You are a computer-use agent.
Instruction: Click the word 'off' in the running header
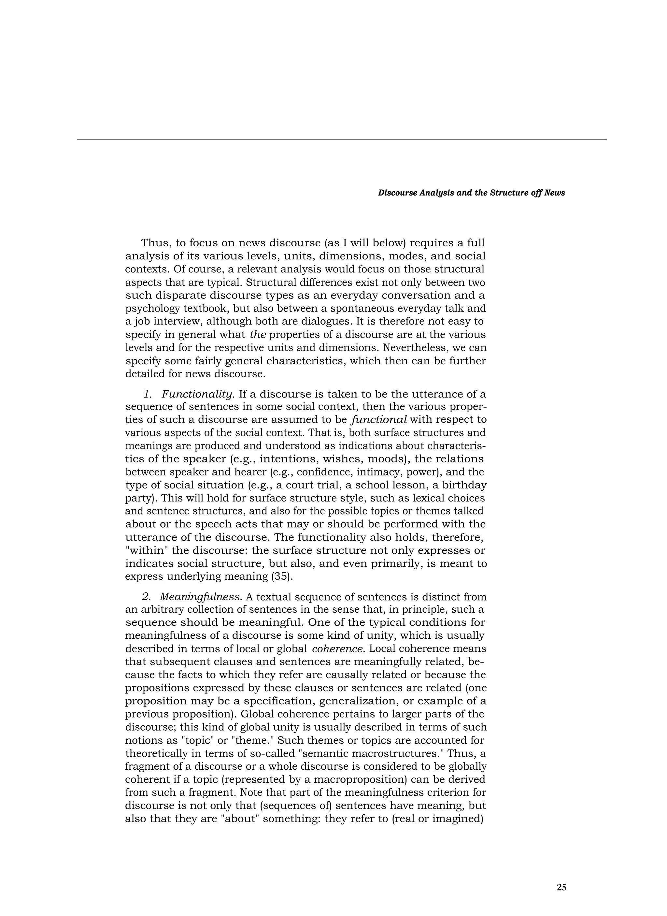539,193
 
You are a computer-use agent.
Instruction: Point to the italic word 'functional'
379,420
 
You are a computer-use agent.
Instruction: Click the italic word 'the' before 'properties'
258,335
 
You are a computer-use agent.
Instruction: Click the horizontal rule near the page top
342,140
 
